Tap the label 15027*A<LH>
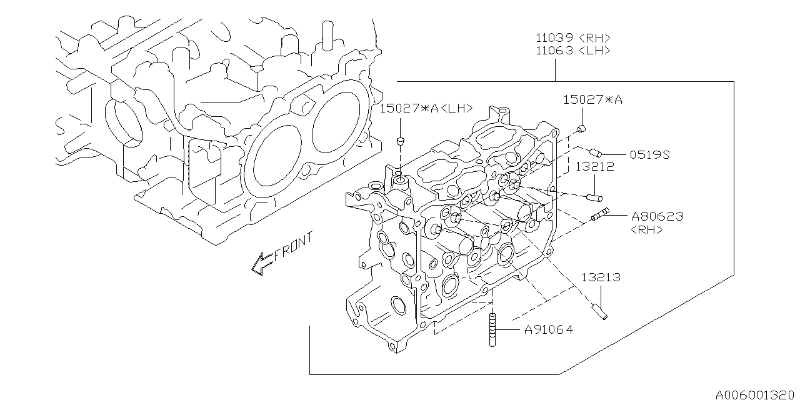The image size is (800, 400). tap(426, 109)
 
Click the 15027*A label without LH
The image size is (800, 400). tap(593, 99)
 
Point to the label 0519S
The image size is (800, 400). tap(649, 154)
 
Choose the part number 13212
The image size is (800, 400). tap(595, 167)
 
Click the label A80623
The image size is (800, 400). tap(657, 216)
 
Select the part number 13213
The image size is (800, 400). tap(601, 277)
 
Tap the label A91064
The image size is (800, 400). tap(548, 329)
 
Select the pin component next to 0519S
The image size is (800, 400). tap(596, 152)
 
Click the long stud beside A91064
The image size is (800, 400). tap(492, 330)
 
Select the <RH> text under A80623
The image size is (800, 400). tap(647, 229)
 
